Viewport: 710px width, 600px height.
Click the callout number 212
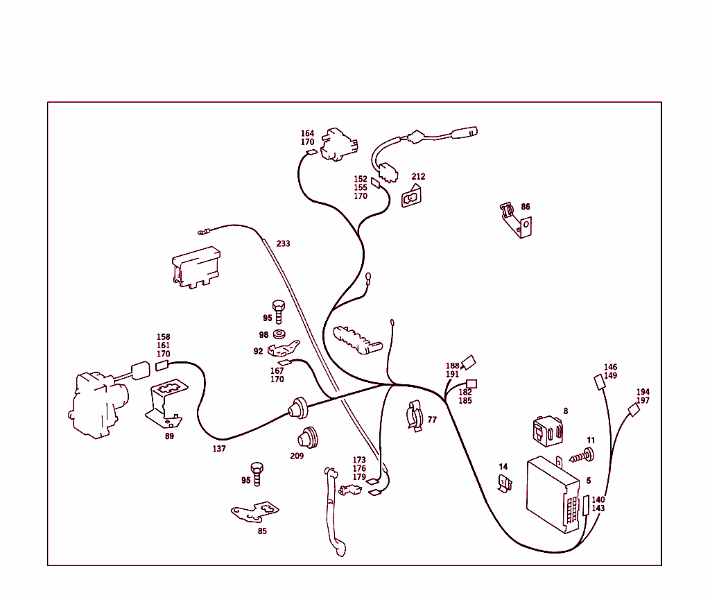pyautogui.click(x=418, y=177)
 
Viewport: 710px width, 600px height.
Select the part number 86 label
pyautogui.click(x=526, y=207)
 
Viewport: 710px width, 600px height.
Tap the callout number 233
pyautogui.click(x=283, y=243)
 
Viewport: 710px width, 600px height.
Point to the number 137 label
pyautogui.click(x=219, y=449)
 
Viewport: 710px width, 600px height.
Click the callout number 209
pyautogui.click(x=297, y=456)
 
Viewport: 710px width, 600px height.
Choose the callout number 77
pyautogui.click(x=432, y=420)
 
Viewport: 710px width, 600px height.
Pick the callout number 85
pyautogui.click(x=262, y=531)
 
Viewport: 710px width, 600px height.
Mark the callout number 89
pyautogui.click(x=169, y=436)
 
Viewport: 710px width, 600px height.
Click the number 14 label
pyautogui.click(x=503, y=467)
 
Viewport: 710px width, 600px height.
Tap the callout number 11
pyautogui.click(x=591, y=440)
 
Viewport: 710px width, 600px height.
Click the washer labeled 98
pyautogui.click(x=279, y=334)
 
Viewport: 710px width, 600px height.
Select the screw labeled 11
pyautogui.click(x=582, y=456)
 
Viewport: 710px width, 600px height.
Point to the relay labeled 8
pyautogui.click(x=548, y=431)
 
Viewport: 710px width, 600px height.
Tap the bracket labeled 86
pyautogui.click(x=516, y=220)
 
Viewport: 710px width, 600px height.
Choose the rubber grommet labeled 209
pyautogui.click(x=308, y=437)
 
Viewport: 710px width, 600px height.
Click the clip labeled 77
pyautogui.click(x=415, y=415)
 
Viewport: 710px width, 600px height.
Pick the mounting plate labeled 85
pyautogui.click(x=255, y=512)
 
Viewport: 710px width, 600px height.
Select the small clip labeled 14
pyautogui.click(x=505, y=483)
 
